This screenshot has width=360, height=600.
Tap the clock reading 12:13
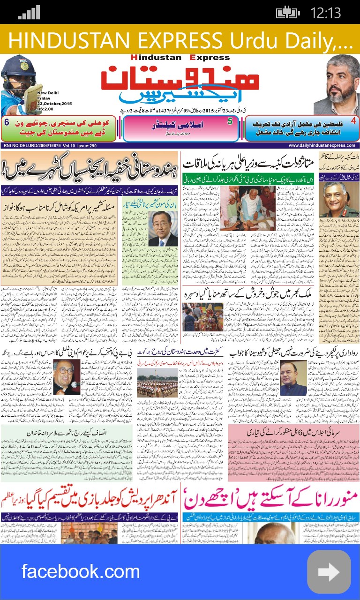(x=325, y=12)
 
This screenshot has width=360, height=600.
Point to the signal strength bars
(x=29, y=13)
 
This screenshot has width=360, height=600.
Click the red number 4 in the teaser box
(x=353, y=121)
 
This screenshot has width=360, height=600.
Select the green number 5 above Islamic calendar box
(x=230, y=121)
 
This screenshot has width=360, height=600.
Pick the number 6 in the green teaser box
(x=7, y=122)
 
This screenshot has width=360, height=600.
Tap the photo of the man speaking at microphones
(x=67, y=378)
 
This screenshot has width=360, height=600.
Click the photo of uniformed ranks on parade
(x=157, y=382)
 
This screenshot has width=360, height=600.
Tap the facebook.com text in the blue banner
(x=81, y=571)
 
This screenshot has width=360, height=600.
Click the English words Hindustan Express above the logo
(x=180, y=58)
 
